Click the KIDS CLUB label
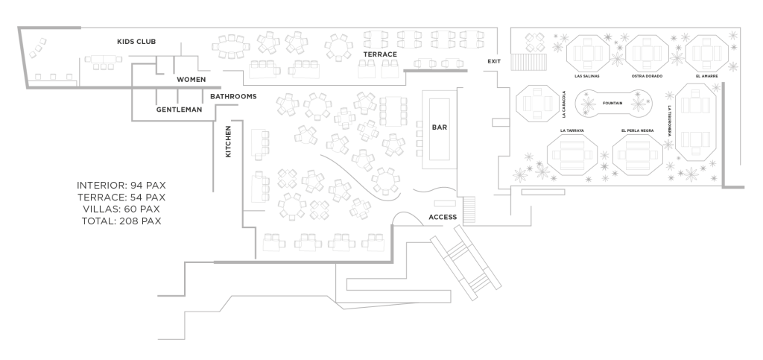(x=136, y=41)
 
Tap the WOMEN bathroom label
(x=191, y=79)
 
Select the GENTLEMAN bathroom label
(x=179, y=110)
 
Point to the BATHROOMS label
(x=233, y=97)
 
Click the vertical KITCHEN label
(x=229, y=142)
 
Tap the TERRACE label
(x=379, y=55)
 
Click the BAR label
(x=439, y=127)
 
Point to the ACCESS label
(x=443, y=218)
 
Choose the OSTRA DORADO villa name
(x=647, y=76)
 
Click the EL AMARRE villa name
(x=706, y=76)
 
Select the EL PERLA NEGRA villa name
(x=637, y=130)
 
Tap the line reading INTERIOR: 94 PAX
(x=121, y=185)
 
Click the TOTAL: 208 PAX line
(x=121, y=221)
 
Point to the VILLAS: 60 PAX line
(x=121, y=209)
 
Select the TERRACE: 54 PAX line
(x=121, y=197)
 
